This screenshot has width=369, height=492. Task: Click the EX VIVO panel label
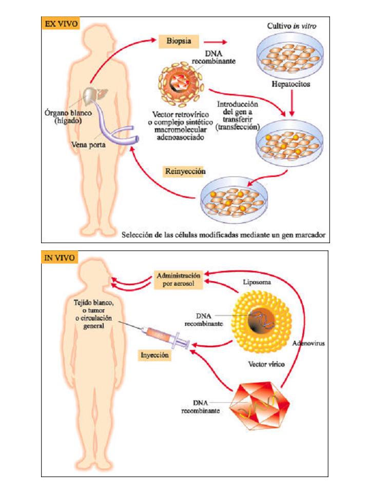(x=61, y=24)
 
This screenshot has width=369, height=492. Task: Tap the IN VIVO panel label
(x=60, y=258)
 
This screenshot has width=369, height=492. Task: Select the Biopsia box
(x=179, y=41)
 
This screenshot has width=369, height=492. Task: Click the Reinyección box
(x=185, y=171)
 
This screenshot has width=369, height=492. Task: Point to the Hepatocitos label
(x=291, y=84)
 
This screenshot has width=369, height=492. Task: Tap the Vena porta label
(x=88, y=145)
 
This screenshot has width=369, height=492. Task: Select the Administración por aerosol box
(x=178, y=280)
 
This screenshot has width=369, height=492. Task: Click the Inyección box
(x=154, y=355)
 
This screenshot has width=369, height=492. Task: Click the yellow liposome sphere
(x=261, y=322)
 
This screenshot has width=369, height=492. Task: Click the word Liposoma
(x=257, y=282)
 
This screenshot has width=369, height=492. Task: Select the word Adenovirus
(x=308, y=343)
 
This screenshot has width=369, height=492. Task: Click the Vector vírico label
(x=266, y=364)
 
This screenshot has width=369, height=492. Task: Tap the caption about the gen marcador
(x=223, y=234)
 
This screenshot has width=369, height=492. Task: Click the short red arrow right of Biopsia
(x=215, y=42)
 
